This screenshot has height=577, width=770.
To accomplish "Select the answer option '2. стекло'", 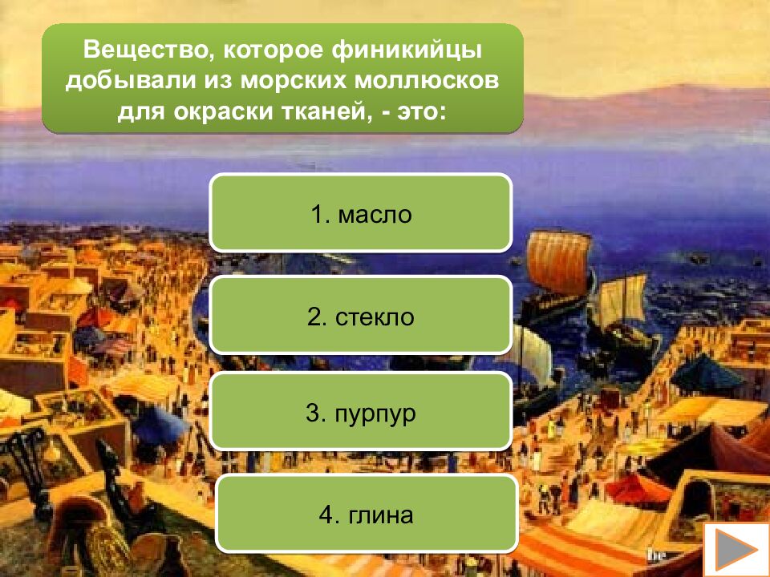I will (x=360, y=317).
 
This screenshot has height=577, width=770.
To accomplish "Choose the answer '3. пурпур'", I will (x=360, y=414).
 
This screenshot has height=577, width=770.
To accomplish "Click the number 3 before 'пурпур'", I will (x=313, y=414).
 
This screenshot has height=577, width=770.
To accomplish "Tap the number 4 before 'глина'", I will (x=325, y=514).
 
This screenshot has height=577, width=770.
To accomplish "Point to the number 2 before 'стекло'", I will (x=314, y=317).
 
